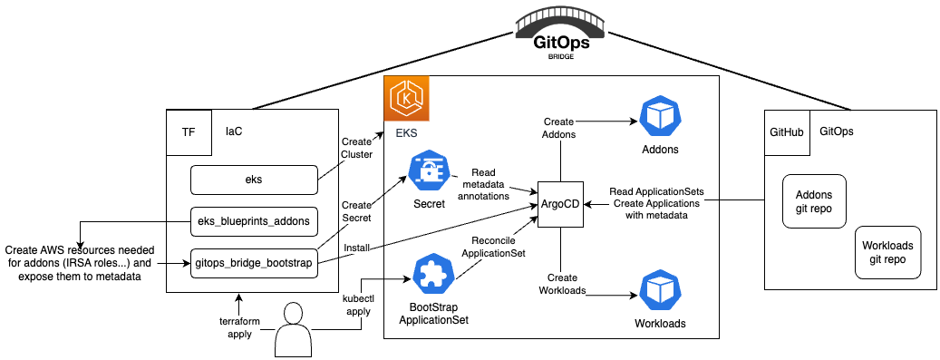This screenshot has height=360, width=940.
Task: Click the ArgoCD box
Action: tap(560, 204)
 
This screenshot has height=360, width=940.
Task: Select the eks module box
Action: tap(253, 180)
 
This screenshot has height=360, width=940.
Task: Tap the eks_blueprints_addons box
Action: tap(253, 221)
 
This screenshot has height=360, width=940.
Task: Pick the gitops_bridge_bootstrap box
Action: tap(253, 263)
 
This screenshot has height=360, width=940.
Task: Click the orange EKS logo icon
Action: tap(406, 98)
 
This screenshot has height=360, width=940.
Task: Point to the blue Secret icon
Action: tap(430, 171)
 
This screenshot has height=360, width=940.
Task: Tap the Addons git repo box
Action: tap(814, 201)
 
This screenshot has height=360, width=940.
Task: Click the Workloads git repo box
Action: tap(887, 252)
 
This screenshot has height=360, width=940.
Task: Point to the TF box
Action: tap(189, 132)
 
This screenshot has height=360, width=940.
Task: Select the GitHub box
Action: tap(787, 132)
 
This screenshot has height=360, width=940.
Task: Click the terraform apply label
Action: tap(239, 327)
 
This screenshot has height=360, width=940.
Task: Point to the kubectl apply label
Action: tap(356, 305)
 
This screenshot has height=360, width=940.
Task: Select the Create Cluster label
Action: tap(356, 148)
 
